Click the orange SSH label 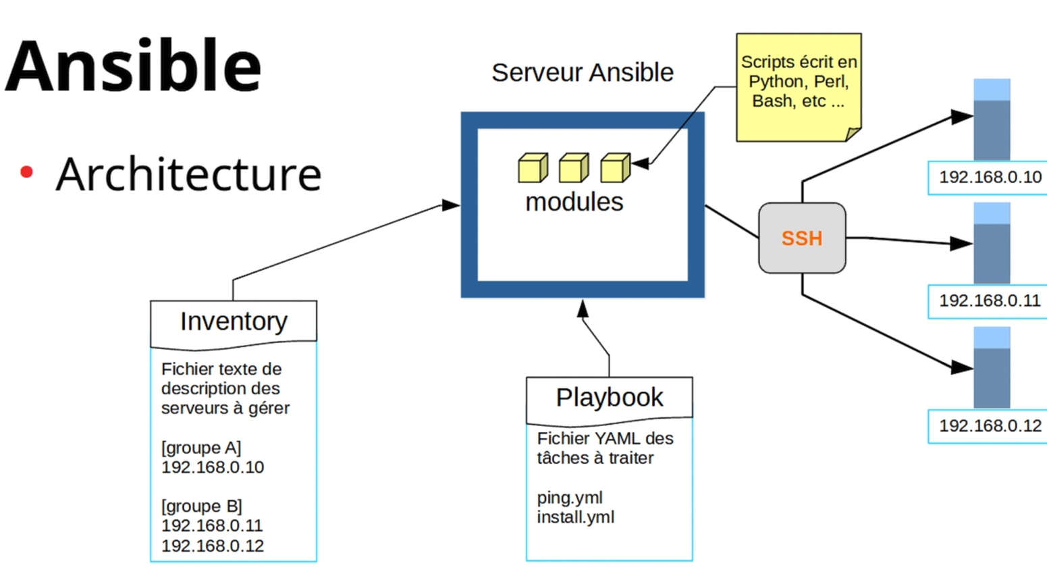[801, 238]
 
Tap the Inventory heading [234, 321]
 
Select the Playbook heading [609, 398]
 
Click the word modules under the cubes [574, 203]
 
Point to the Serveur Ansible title [583, 72]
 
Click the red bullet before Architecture [26, 172]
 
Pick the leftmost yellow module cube [533, 167]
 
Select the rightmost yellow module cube [616, 167]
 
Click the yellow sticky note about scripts [799, 87]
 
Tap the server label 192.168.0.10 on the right [990, 177]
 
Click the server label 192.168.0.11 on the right [990, 300]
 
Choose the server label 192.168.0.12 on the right [990, 426]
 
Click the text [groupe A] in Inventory [201, 448]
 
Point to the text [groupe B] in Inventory [201, 506]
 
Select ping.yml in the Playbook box [570, 498]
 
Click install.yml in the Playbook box [575, 517]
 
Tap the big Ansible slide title [133, 65]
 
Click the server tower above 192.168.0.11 [992, 243]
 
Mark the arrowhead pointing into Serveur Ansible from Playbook [583, 309]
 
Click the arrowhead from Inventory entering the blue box [450, 205]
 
